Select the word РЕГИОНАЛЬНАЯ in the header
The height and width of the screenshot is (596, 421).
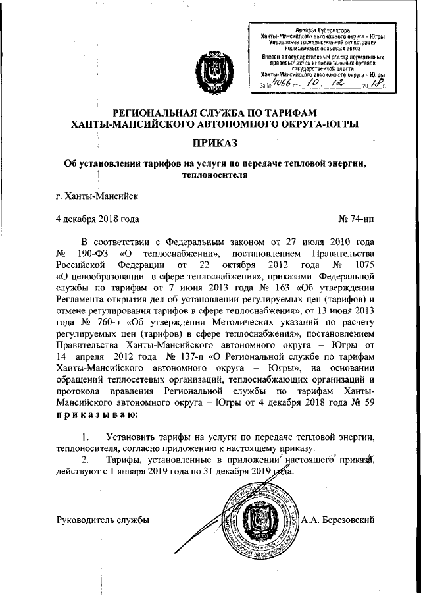[x=154, y=111]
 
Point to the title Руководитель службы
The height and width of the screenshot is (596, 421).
[x=104, y=520]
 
